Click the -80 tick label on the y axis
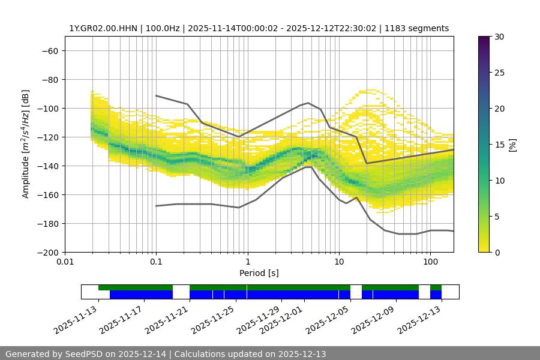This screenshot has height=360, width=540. pos(49,79)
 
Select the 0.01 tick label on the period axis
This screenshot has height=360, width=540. pos(65,262)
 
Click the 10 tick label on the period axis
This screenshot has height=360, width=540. pos(338,262)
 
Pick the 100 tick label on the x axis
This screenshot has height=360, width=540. pos(430,262)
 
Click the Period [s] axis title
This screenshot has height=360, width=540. pos(259,273)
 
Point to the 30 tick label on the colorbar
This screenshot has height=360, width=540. pos(499,37)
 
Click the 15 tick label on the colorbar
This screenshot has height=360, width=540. pos(499,145)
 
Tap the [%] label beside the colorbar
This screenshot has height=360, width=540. pos(512,145)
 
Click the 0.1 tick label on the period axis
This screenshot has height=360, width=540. pos(156,262)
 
